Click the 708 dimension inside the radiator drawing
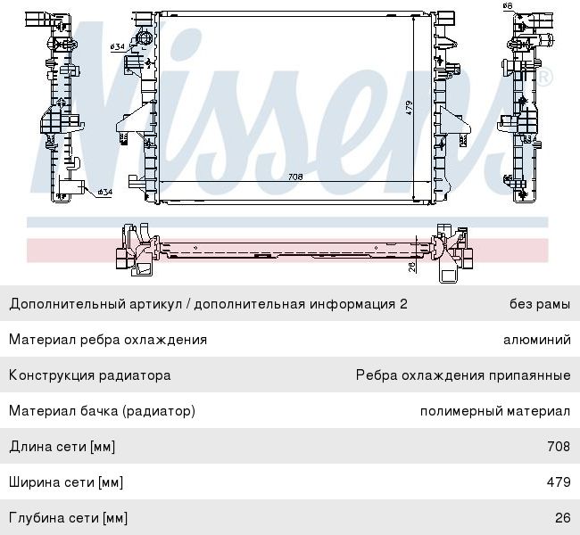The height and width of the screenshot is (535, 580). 295,177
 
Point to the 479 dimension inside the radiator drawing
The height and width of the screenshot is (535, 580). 409,108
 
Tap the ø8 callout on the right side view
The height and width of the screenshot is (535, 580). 507,6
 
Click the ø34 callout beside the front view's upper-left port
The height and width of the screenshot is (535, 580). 117,46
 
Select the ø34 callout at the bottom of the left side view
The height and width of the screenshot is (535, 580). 104,192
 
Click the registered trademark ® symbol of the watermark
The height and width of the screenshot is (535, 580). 543,78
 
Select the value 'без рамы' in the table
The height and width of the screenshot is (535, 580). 539,304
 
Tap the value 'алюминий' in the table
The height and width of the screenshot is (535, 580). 536,340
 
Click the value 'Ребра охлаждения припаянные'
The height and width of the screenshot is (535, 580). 462,375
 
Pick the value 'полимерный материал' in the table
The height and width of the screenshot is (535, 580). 494,411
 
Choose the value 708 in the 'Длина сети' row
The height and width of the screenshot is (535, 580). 558,447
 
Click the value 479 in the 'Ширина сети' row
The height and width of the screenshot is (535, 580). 558,482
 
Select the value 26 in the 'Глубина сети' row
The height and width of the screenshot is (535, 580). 561,518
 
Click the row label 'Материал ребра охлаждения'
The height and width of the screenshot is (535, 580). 108,340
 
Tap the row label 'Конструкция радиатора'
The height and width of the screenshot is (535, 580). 89,375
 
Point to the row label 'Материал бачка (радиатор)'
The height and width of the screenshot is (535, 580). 102,411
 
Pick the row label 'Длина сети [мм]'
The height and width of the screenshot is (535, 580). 62,447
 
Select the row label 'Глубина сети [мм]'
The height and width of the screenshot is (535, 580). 68,518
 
